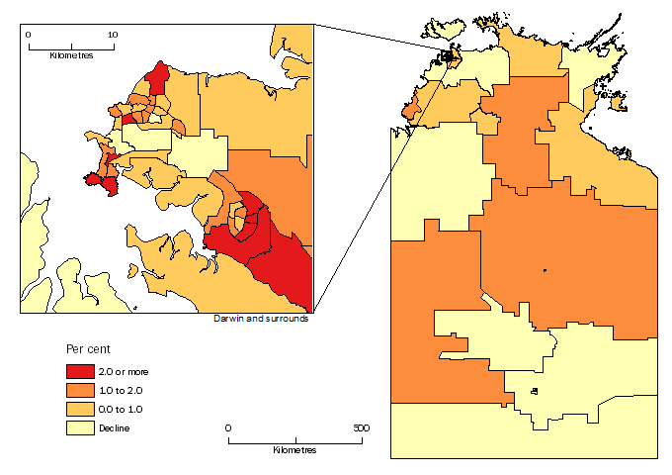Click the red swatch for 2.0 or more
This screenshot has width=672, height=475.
click(80, 371)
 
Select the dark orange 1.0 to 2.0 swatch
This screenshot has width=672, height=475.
click(80, 390)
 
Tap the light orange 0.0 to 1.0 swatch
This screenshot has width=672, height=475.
click(80, 409)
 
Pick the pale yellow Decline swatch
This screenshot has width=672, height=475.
click(80, 427)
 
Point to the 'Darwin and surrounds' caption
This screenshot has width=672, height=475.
click(261, 319)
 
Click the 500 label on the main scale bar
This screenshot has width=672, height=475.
click(361, 427)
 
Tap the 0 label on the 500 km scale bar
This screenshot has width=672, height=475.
click(228, 427)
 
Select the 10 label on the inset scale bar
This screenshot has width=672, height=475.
click(113, 34)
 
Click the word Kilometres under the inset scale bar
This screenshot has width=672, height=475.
click(71, 55)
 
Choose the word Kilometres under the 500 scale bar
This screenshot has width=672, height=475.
click(294, 450)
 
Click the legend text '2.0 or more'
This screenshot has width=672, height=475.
click(125, 371)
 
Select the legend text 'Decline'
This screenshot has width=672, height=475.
click(115, 427)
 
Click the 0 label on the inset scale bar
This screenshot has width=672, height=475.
click(29, 34)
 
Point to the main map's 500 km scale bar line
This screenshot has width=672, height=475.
click(294, 438)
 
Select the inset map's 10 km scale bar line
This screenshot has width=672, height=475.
click(71, 46)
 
